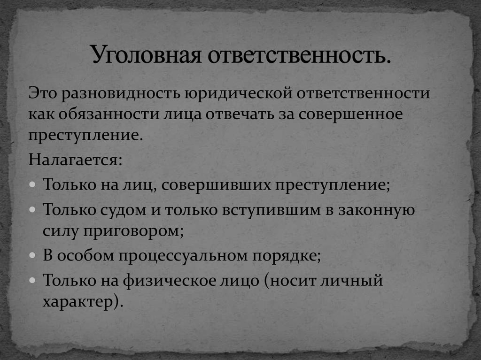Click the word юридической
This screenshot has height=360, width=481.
231,92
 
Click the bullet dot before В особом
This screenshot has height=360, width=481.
31,257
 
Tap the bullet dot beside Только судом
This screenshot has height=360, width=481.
31,209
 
